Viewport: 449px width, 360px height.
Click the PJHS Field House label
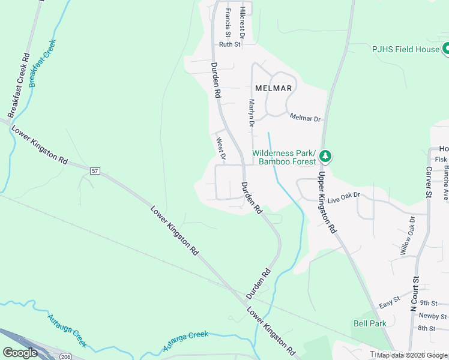405,49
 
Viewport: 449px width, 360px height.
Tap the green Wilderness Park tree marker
325,157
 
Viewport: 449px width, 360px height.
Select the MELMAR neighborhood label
273,88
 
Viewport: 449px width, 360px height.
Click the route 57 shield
95,171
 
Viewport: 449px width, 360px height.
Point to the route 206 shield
65,356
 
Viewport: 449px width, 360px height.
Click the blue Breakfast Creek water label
41,62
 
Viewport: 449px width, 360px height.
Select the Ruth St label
229,44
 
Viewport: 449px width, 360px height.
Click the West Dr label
220,149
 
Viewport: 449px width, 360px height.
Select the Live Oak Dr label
343,196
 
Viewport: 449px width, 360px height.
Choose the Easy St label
390,305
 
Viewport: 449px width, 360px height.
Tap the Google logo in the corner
20,353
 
